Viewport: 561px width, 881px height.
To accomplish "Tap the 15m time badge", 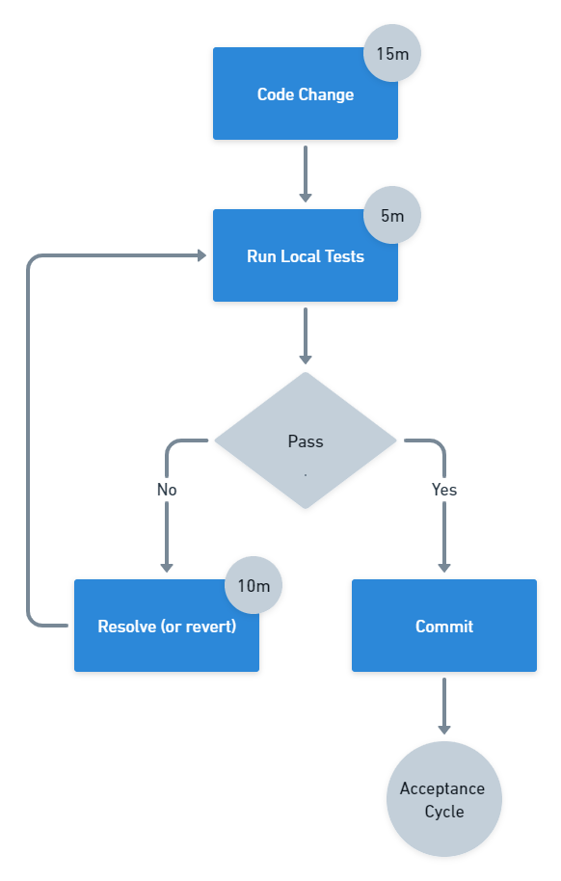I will pos(392,53).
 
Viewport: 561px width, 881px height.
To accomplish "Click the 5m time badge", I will pos(392,215).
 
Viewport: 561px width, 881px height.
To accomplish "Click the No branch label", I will pos(167,490).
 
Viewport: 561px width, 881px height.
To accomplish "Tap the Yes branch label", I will pos(443,490).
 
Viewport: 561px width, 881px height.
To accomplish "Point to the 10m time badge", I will pos(254,585).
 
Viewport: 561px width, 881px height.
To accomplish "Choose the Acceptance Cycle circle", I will pos(443,799).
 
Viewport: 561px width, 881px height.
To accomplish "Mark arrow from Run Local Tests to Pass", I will pos(305,335).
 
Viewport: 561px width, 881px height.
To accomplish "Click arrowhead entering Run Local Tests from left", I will pos(201,255).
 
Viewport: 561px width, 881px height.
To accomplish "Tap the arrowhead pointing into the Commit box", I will pos(443,568).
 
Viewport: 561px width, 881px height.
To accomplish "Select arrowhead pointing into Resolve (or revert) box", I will pos(167,568).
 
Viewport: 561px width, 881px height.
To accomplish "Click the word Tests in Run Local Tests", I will pos(344,257).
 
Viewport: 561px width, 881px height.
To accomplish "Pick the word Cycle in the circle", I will pos(443,812).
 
